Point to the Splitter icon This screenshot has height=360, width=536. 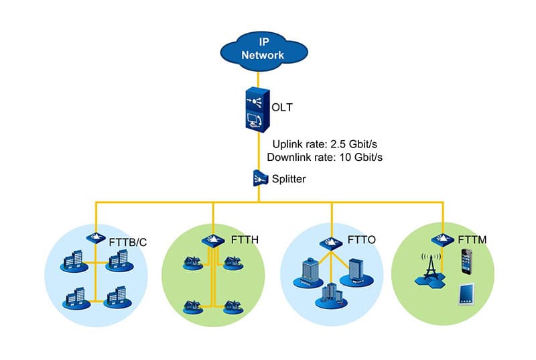coord(261,178)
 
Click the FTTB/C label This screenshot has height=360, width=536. coord(127,242)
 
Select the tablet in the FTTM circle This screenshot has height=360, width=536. coord(467,296)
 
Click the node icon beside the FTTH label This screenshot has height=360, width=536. coord(212,240)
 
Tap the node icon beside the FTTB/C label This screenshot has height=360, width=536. coord(94,237)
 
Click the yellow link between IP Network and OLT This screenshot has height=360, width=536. coord(261,76)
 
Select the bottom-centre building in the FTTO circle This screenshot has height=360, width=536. coord(329,295)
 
